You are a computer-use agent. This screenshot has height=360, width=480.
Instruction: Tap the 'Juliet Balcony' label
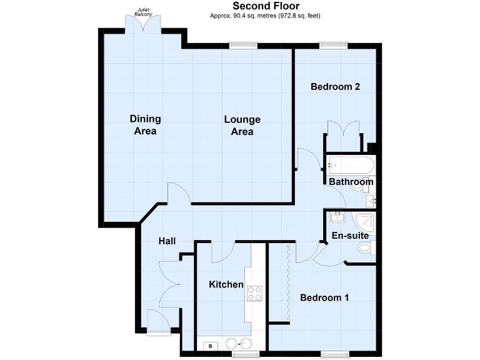point(144,12)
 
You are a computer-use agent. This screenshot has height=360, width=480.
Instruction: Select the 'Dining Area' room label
point(145,125)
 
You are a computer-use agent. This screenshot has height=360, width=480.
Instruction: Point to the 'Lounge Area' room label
point(242,125)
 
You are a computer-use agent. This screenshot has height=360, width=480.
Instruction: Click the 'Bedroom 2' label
point(335,87)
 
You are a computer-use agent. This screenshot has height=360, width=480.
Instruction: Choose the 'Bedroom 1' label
point(324,298)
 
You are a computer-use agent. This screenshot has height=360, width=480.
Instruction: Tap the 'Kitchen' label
point(226,284)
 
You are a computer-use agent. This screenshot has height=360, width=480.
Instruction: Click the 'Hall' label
point(167,241)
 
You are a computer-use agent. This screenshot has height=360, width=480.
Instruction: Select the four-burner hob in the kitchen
point(254,293)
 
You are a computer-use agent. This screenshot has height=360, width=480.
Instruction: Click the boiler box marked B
point(211,345)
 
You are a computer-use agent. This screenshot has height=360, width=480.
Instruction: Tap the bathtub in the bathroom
point(350,166)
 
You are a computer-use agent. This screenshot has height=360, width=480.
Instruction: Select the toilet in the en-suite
point(366,248)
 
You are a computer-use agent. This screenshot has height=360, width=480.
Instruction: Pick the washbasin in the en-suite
point(337,217)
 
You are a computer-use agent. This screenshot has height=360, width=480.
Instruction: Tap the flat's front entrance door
point(157,321)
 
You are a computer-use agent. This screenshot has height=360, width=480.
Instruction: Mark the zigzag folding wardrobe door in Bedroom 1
point(287,283)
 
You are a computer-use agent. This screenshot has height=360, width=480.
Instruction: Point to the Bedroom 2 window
point(334,44)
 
